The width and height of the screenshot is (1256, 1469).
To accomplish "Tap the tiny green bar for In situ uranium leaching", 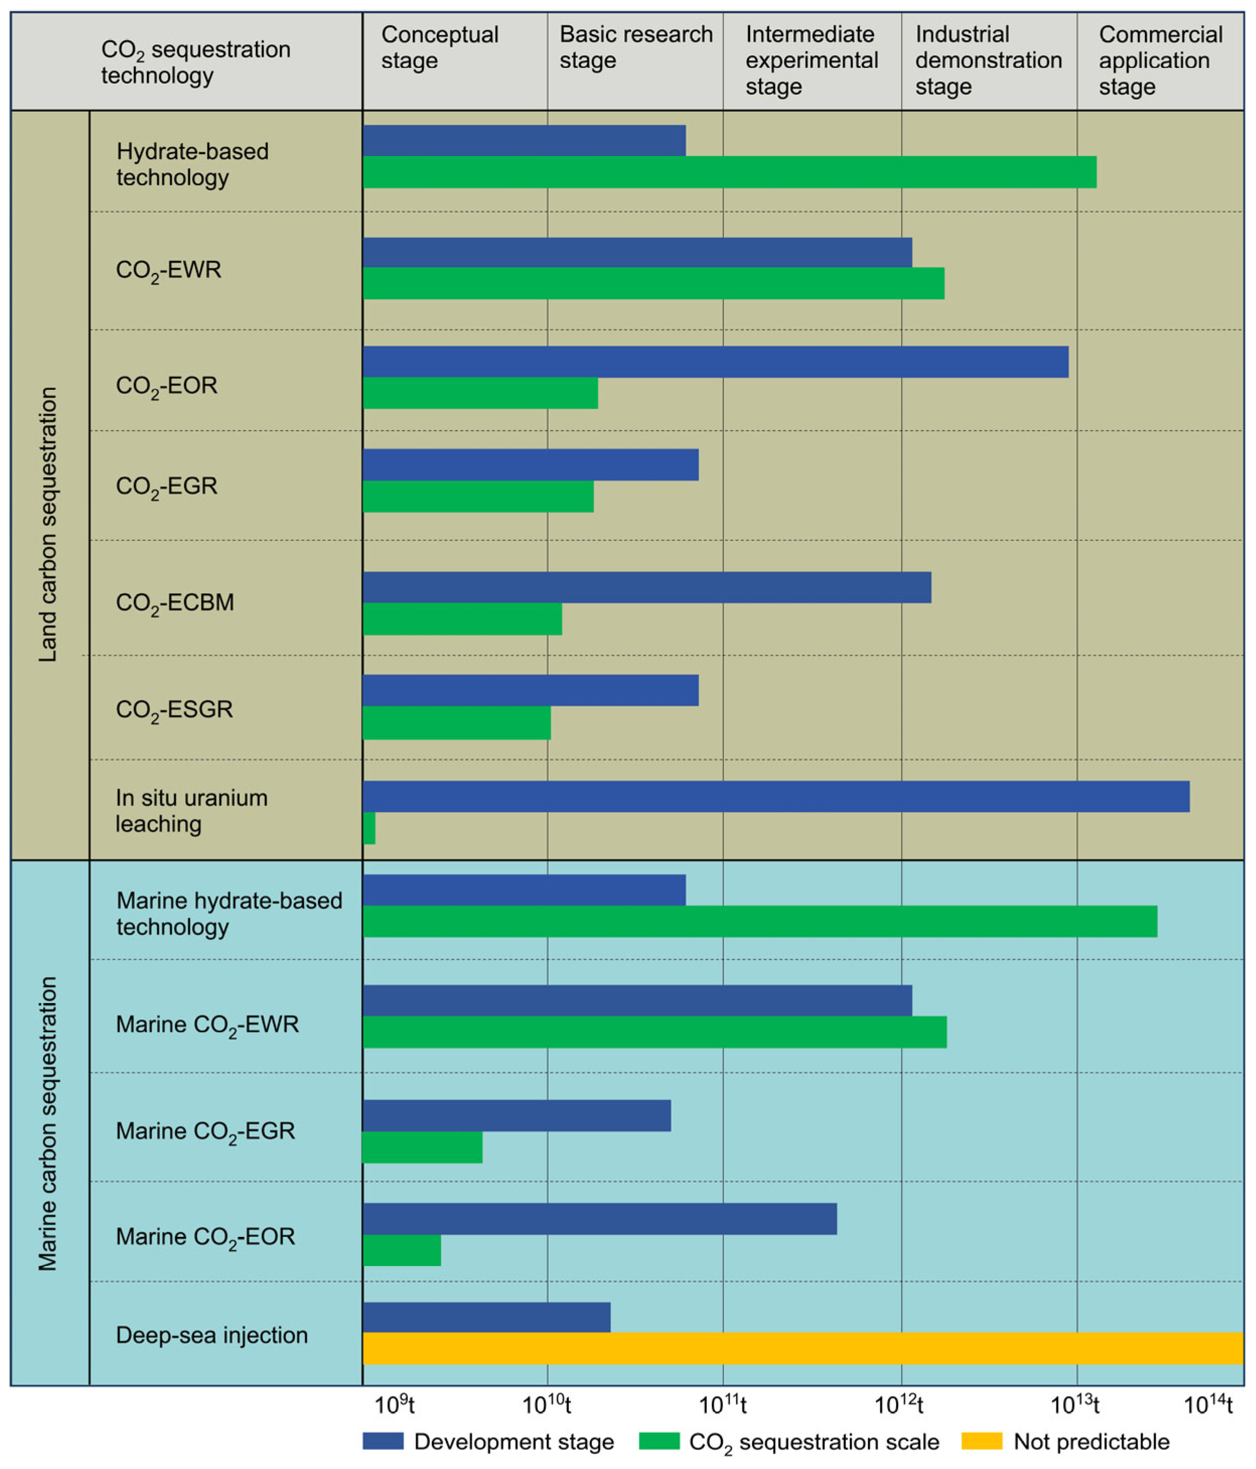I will tap(368, 828).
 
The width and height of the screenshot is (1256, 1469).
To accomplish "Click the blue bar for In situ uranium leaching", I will tap(775, 796).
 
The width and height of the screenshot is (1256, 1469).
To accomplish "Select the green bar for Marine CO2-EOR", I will tap(402, 1250).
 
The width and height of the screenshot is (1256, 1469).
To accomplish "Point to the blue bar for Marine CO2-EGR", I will tap(516, 1115).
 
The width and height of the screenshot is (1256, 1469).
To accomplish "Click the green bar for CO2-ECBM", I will tap(462, 619).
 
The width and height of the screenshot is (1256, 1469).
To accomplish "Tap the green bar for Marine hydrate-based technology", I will tap(759, 921).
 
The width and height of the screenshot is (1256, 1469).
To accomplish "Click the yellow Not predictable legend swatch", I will tap(981, 1441).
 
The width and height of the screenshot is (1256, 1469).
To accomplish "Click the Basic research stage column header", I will tap(635, 47).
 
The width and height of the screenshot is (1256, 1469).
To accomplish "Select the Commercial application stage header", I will tap(1160, 60).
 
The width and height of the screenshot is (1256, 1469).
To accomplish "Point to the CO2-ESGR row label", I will tap(174, 710).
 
